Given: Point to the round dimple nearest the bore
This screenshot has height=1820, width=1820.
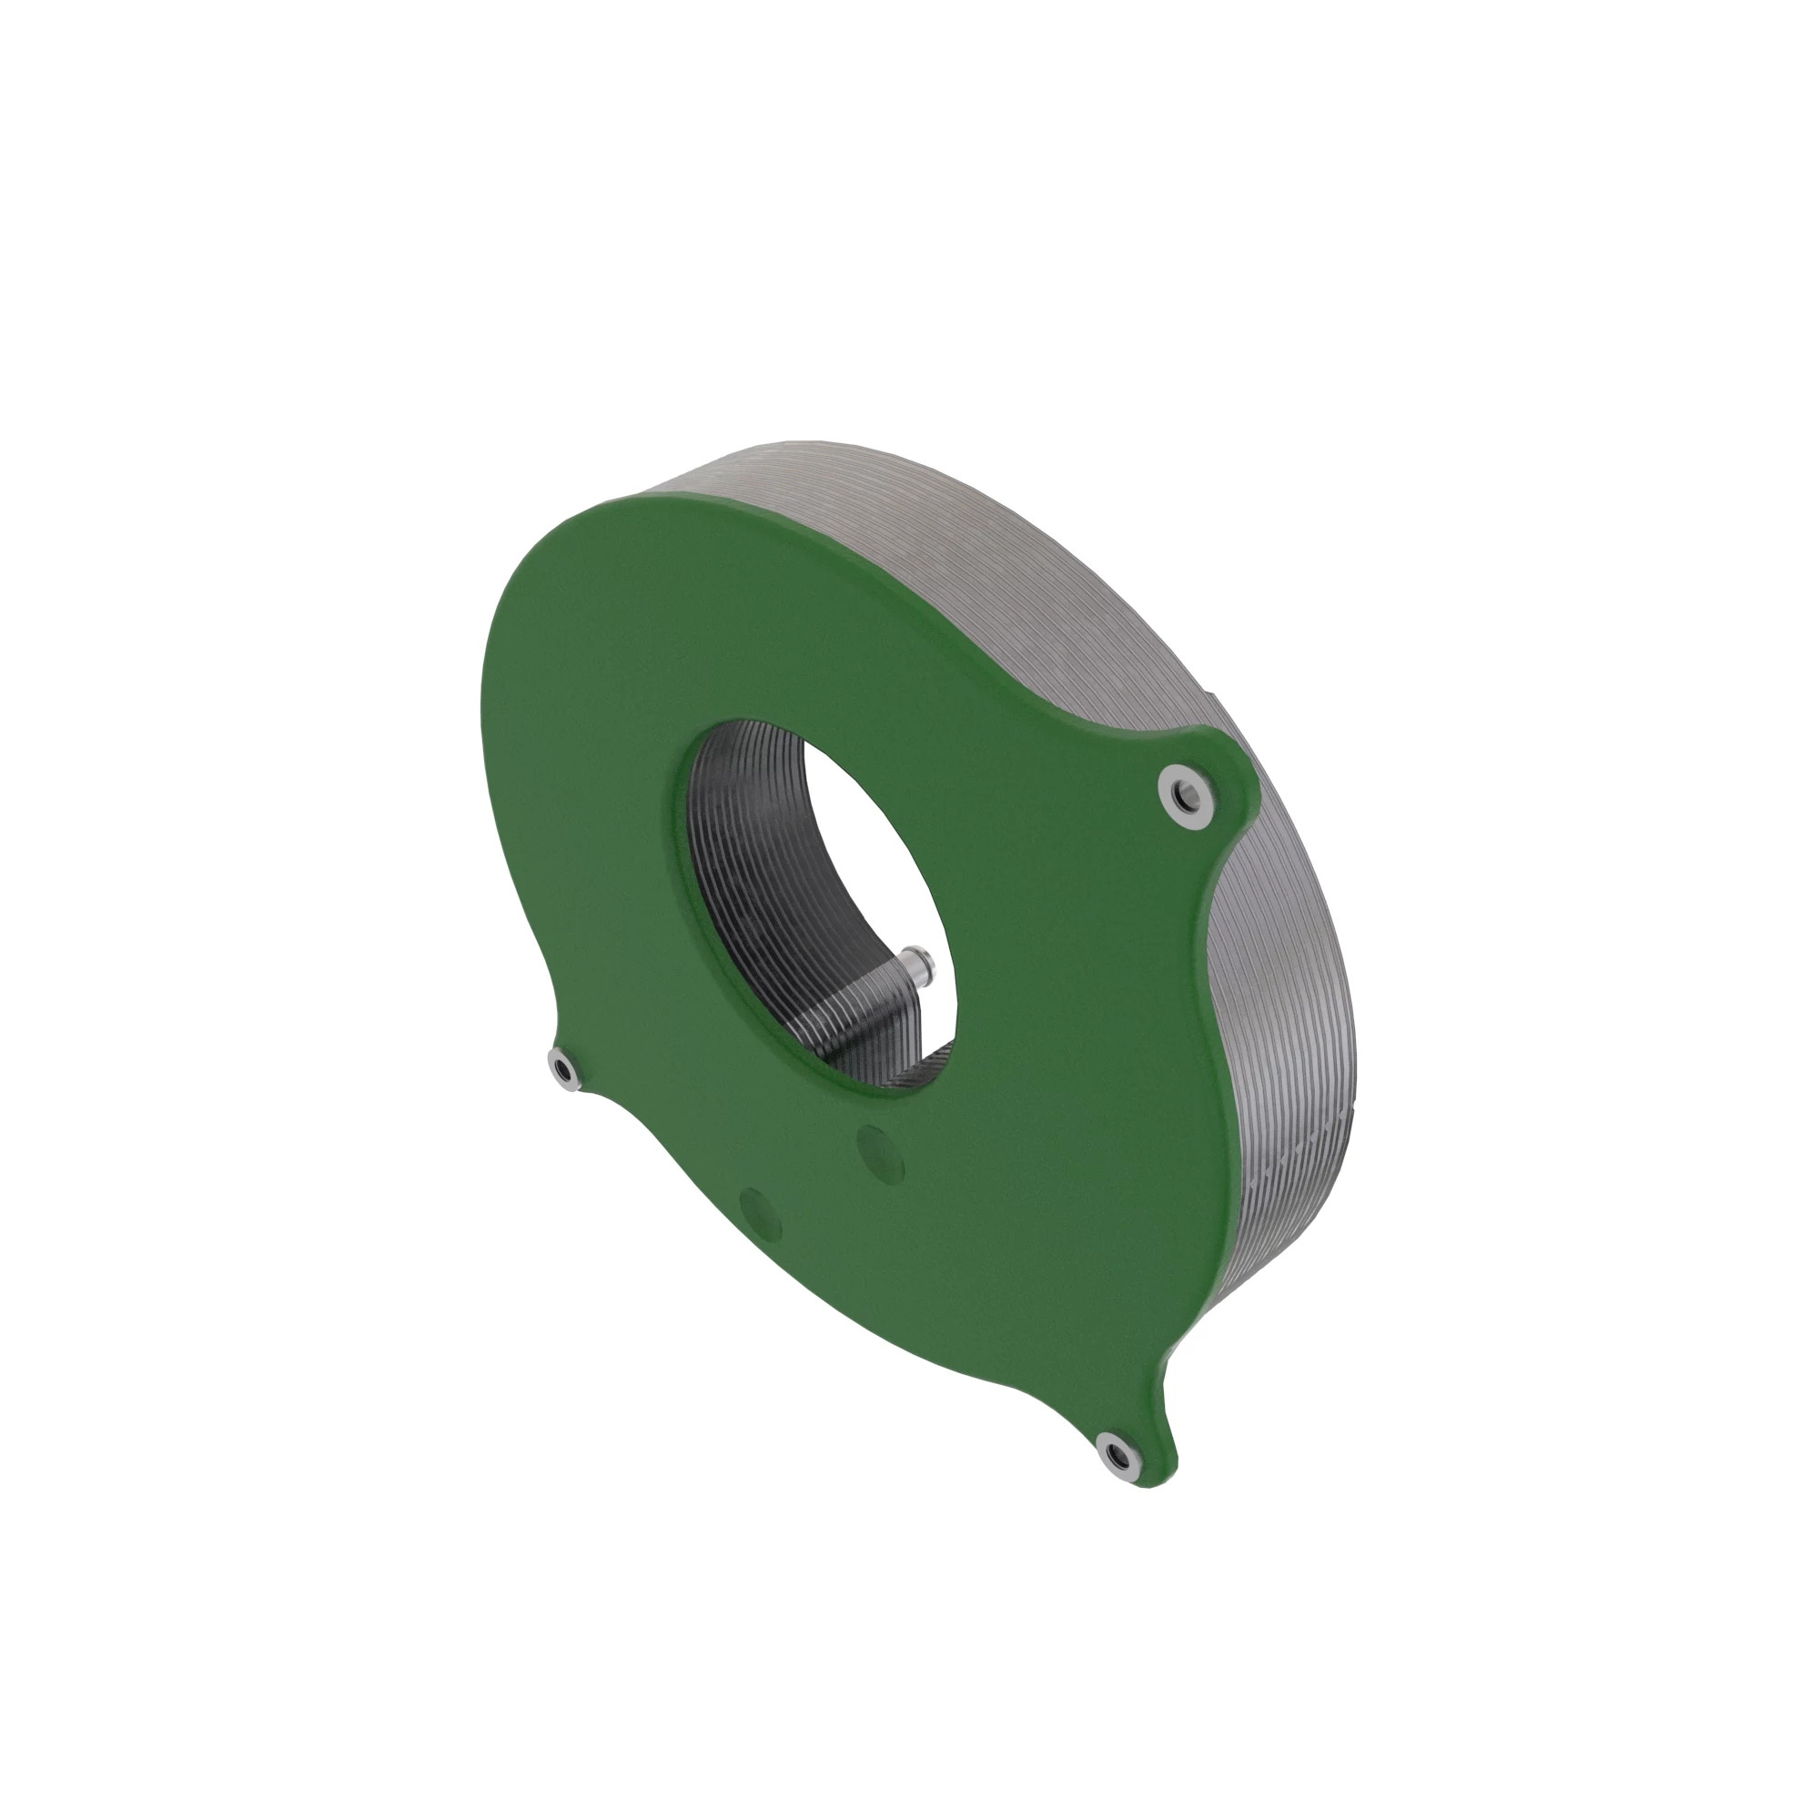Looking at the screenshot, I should point(881,1153).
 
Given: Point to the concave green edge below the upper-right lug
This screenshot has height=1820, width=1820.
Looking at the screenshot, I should point(1215,905).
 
